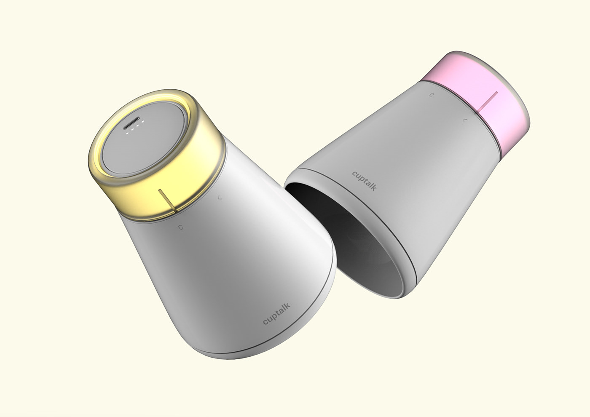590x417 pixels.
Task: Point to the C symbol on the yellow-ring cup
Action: [x=181, y=227]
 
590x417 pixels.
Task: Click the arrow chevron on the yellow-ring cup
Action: [x=219, y=197]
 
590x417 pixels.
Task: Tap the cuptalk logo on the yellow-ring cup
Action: [x=276, y=315]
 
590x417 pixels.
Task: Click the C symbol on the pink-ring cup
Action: [x=431, y=95]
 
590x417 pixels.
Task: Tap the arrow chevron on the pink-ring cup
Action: [x=464, y=120]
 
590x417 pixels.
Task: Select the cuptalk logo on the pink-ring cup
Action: [x=365, y=181]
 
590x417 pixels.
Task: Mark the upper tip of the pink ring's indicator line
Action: [x=497, y=91]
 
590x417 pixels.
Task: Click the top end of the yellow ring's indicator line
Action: [x=160, y=190]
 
